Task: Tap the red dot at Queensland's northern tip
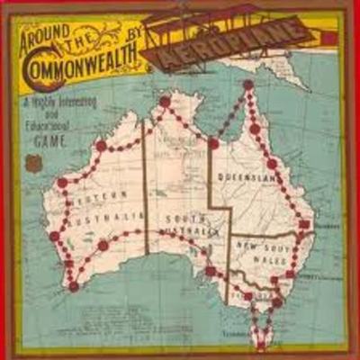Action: (x=247, y=85)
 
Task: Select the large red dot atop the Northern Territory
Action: (x=165, y=102)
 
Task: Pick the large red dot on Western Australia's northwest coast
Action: (x=62, y=182)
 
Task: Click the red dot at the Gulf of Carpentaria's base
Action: (x=213, y=143)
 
